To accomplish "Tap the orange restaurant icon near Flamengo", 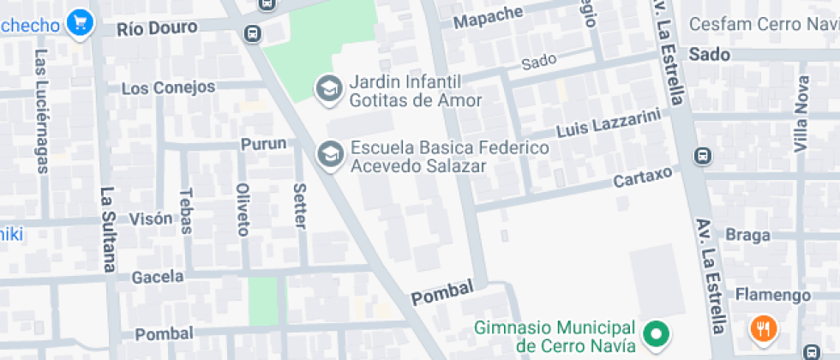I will point(763,327).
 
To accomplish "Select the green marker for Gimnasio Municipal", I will point(657,333).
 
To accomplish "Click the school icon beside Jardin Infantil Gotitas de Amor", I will point(327,87).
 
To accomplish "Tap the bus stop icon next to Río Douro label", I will point(253,33).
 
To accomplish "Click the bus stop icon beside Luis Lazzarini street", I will point(702,156).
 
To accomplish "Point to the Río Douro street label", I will point(157,27).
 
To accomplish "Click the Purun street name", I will point(263,143).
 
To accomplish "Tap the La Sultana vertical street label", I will point(108,230).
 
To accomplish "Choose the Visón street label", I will point(151,219).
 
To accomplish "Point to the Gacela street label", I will point(158,277).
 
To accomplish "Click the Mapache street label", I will point(488,16).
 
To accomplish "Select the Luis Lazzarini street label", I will point(609,123).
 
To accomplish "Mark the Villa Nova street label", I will point(802,114).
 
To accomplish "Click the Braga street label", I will point(742,235).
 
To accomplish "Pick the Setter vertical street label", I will point(299,206).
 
